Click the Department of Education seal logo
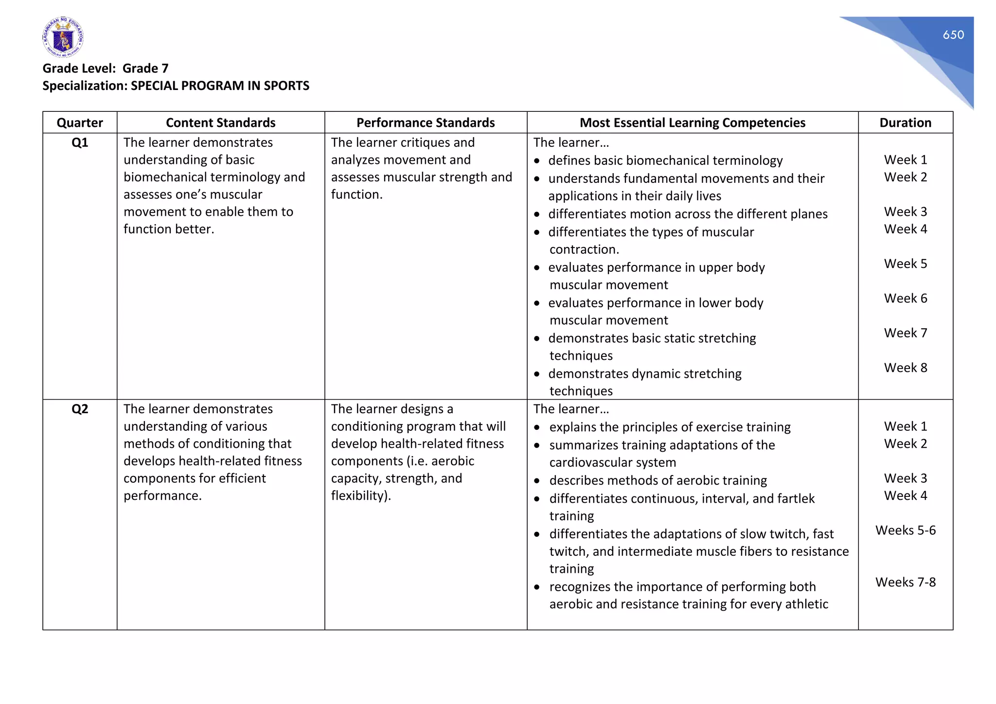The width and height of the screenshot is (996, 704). tap(63, 37)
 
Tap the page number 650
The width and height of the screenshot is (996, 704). tap(953, 35)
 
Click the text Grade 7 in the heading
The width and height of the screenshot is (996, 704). tap(145, 68)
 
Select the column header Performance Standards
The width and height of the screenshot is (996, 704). tap(425, 123)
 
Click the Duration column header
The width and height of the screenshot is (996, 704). tap(905, 123)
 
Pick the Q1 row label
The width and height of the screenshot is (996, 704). tap(80, 142)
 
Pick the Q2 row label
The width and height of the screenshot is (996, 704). tap(80, 409)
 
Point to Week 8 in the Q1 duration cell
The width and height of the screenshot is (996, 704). tap(905, 368)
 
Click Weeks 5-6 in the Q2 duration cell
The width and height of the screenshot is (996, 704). tap(905, 530)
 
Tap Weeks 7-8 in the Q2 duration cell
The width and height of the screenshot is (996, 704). tap(905, 582)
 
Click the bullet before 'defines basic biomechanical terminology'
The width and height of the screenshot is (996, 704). tap(537, 161)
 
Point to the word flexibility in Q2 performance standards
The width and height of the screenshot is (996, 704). tap(358, 495)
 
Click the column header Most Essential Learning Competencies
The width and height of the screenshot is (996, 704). tap(692, 123)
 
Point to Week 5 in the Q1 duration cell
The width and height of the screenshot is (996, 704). tap(905, 264)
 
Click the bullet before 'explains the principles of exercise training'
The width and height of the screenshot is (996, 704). tap(537, 427)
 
